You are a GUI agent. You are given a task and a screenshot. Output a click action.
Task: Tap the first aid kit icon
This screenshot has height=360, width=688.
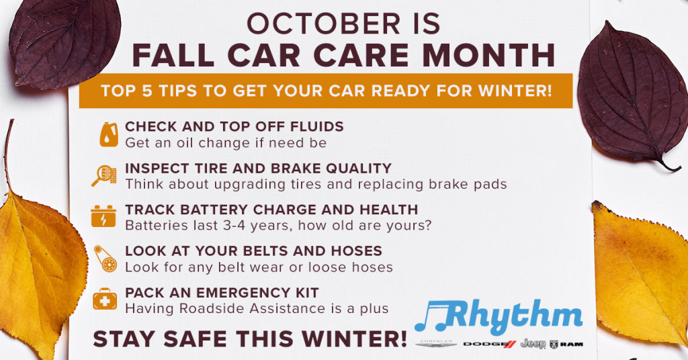point(105,300)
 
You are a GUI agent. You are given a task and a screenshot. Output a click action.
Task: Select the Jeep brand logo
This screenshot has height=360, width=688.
point(533,344)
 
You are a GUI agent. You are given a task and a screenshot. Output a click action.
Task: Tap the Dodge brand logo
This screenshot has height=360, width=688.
point(489,345)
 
